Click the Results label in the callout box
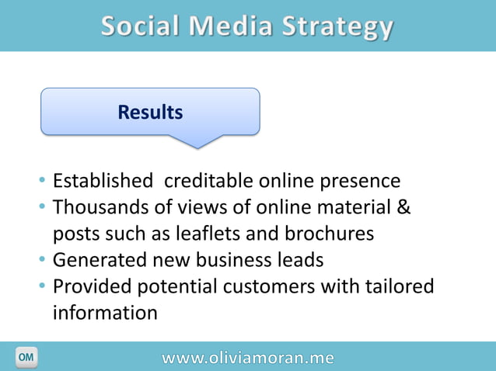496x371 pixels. tap(150, 113)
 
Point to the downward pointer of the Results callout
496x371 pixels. tap(197, 141)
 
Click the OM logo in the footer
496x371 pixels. tap(26, 357)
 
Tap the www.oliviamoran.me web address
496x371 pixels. tap(248, 358)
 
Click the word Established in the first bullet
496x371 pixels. tap(103, 182)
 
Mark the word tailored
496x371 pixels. tap(401, 287)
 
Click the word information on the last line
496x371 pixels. tap(105, 314)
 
